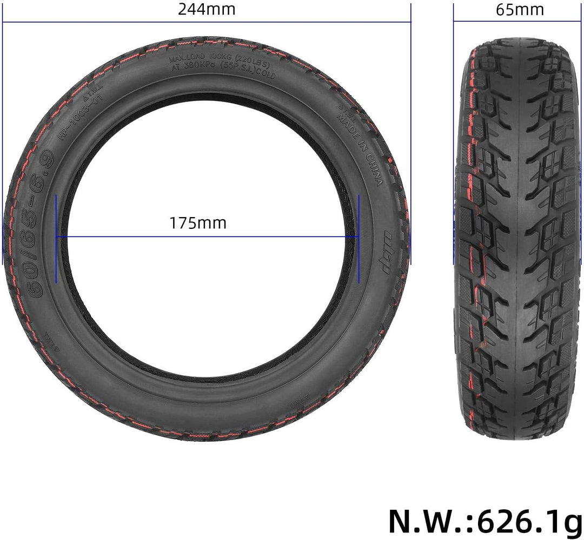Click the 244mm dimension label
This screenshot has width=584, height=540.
[x=207, y=10]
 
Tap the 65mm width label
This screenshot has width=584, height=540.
[x=520, y=10]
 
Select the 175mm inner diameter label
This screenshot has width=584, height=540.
[x=198, y=222]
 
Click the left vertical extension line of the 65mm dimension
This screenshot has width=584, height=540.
[x=454, y=135]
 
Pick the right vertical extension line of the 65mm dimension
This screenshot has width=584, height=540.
[x=582, y=135]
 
